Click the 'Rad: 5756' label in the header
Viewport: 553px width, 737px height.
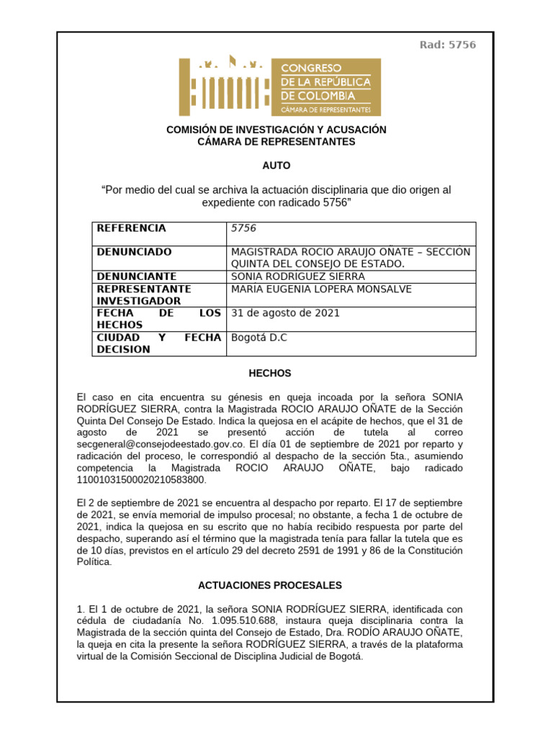click(x=447, y=45)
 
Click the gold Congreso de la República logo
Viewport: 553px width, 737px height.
click(x=280, y=87)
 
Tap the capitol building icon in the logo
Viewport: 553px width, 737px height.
click(x=224, y=86)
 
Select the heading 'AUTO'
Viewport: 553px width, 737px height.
click(x=276, y=166)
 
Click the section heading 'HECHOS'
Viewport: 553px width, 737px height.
click(x=269, y=374)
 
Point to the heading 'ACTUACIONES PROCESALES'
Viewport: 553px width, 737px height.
click(x=269, y=586)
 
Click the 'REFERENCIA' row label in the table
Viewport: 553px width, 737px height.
click(x=131, y=228)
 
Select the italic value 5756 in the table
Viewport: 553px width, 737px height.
click(x=243, y=228)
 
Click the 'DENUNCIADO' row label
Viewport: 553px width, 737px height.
click(x=135, y=252)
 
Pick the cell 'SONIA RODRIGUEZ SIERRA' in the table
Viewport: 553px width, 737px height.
click(x=297, y=276)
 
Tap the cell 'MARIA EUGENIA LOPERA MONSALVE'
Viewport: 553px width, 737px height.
click(x=320, y=289)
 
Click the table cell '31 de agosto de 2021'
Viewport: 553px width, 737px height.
click(x=285, y=313)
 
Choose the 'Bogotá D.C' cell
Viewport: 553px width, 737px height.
click(x=258, y=338)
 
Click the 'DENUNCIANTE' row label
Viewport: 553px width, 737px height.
click(x=137, y=276)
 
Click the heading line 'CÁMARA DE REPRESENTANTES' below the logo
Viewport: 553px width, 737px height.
click(x=276, y=142)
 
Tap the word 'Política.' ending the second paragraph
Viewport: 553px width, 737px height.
click(x=94, y=562)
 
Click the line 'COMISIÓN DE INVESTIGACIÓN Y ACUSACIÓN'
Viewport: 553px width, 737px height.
click(x=276, y=130)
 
